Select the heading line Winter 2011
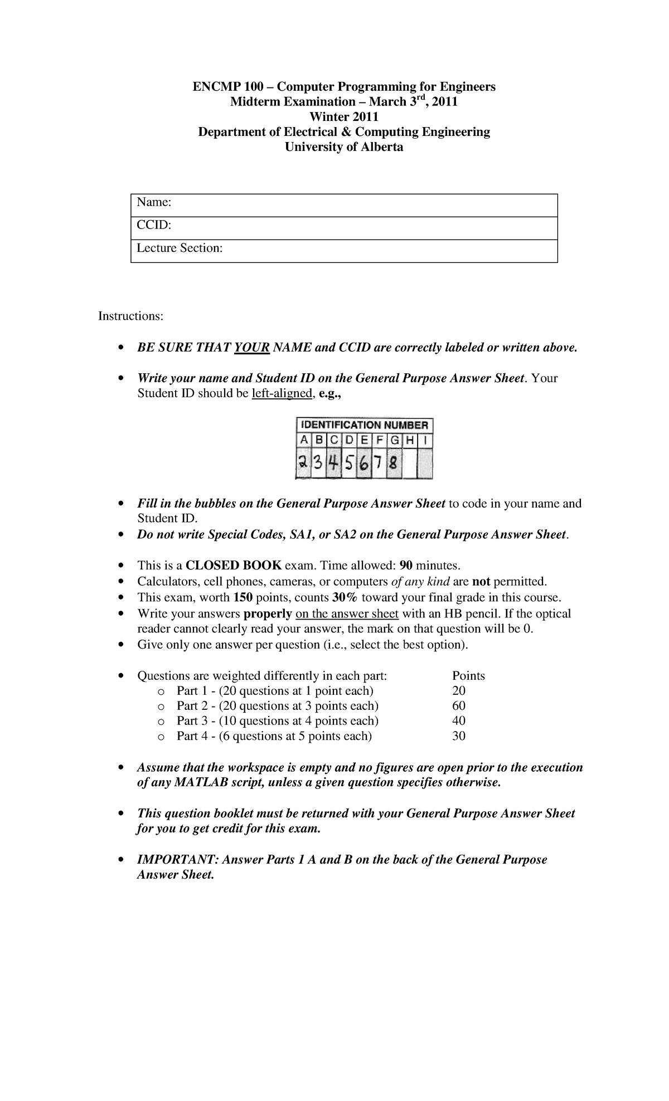(343, 116)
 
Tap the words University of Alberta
(343, 147)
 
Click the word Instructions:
(131, 316)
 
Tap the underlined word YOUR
(252, 348)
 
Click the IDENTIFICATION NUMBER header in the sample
(363, 425)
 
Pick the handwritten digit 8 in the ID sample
(394, 464)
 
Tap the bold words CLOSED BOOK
(234, 566)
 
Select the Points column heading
(468, 676)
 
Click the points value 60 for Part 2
(459, 706)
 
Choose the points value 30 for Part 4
(459, 736)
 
